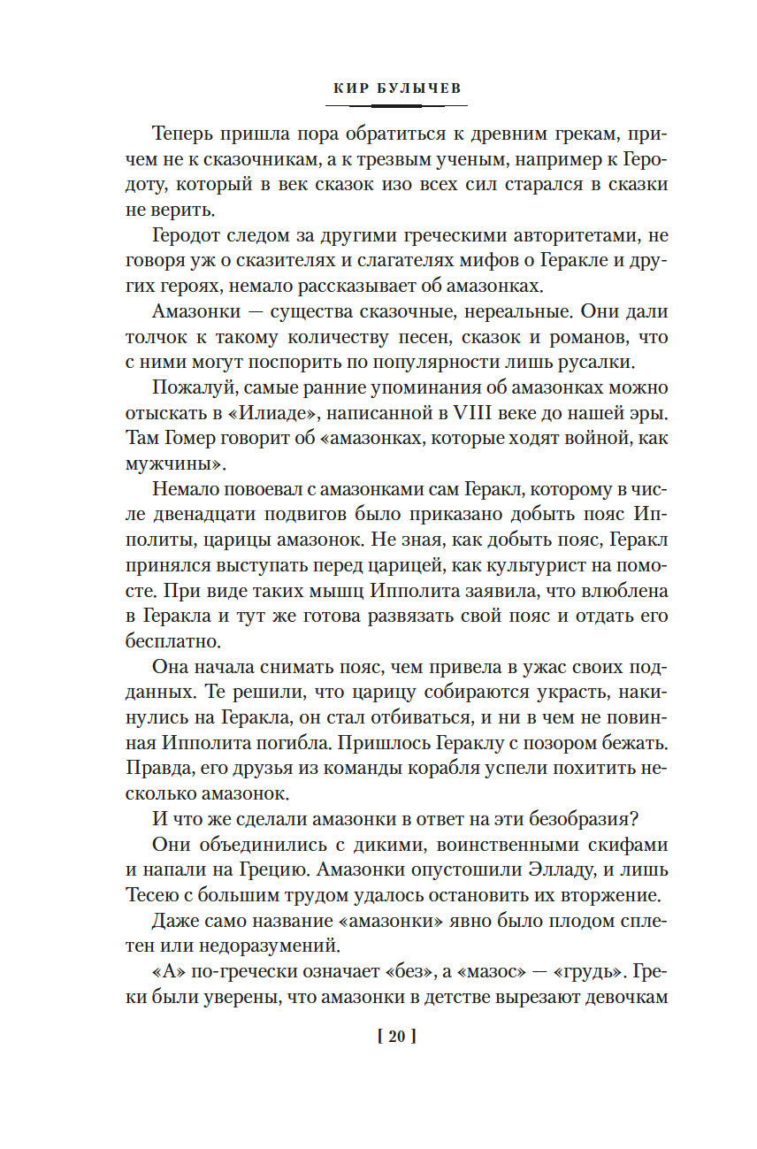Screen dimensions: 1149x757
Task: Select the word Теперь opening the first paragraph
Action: click(x=185, y=135)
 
